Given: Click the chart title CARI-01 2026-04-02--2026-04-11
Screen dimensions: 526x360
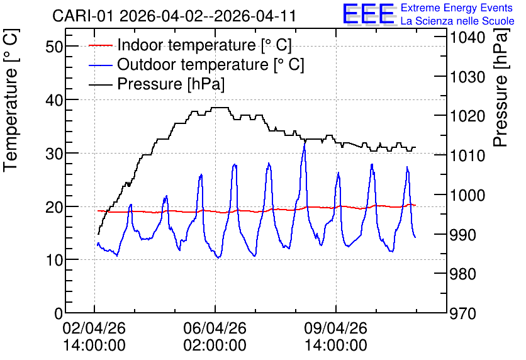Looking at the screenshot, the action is tap(174, 16).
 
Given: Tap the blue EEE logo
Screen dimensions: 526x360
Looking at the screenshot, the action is tap(368, 14).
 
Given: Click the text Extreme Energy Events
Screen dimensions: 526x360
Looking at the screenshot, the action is tap(457, 8).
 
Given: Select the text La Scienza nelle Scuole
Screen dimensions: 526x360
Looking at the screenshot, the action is tap(457, 21).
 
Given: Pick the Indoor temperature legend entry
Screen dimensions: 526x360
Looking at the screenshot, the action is tap(190, 45).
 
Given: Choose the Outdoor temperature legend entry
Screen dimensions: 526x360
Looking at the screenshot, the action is tap(196, 64).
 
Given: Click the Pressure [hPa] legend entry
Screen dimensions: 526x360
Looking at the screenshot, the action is tap(157, 84).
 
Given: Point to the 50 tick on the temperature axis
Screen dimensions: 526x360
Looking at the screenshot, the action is tap(54, 47).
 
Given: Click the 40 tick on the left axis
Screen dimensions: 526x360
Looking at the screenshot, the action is tap(54, 99).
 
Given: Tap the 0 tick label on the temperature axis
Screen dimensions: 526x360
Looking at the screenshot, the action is tap(59, 313).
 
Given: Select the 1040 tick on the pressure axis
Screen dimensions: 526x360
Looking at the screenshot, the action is tap(467, 37).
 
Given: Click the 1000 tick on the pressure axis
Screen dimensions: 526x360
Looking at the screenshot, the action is tap(467, 195).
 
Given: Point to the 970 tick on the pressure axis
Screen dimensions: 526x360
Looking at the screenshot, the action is tap(463, 314).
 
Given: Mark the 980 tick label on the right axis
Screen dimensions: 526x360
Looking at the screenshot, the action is tap(463, 274).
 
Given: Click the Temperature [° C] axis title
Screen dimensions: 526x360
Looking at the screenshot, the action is tap(11, 101).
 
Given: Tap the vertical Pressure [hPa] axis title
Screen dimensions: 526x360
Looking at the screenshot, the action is tap(501, 88).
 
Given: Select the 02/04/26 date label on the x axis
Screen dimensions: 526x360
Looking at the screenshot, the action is tap(94, 328).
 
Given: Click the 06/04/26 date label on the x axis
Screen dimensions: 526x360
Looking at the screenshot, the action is tap(215, 328).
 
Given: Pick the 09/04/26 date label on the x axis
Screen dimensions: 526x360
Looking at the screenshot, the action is tap(336, 328).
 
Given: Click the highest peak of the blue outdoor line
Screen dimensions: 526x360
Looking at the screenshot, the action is tap(305, 143).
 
